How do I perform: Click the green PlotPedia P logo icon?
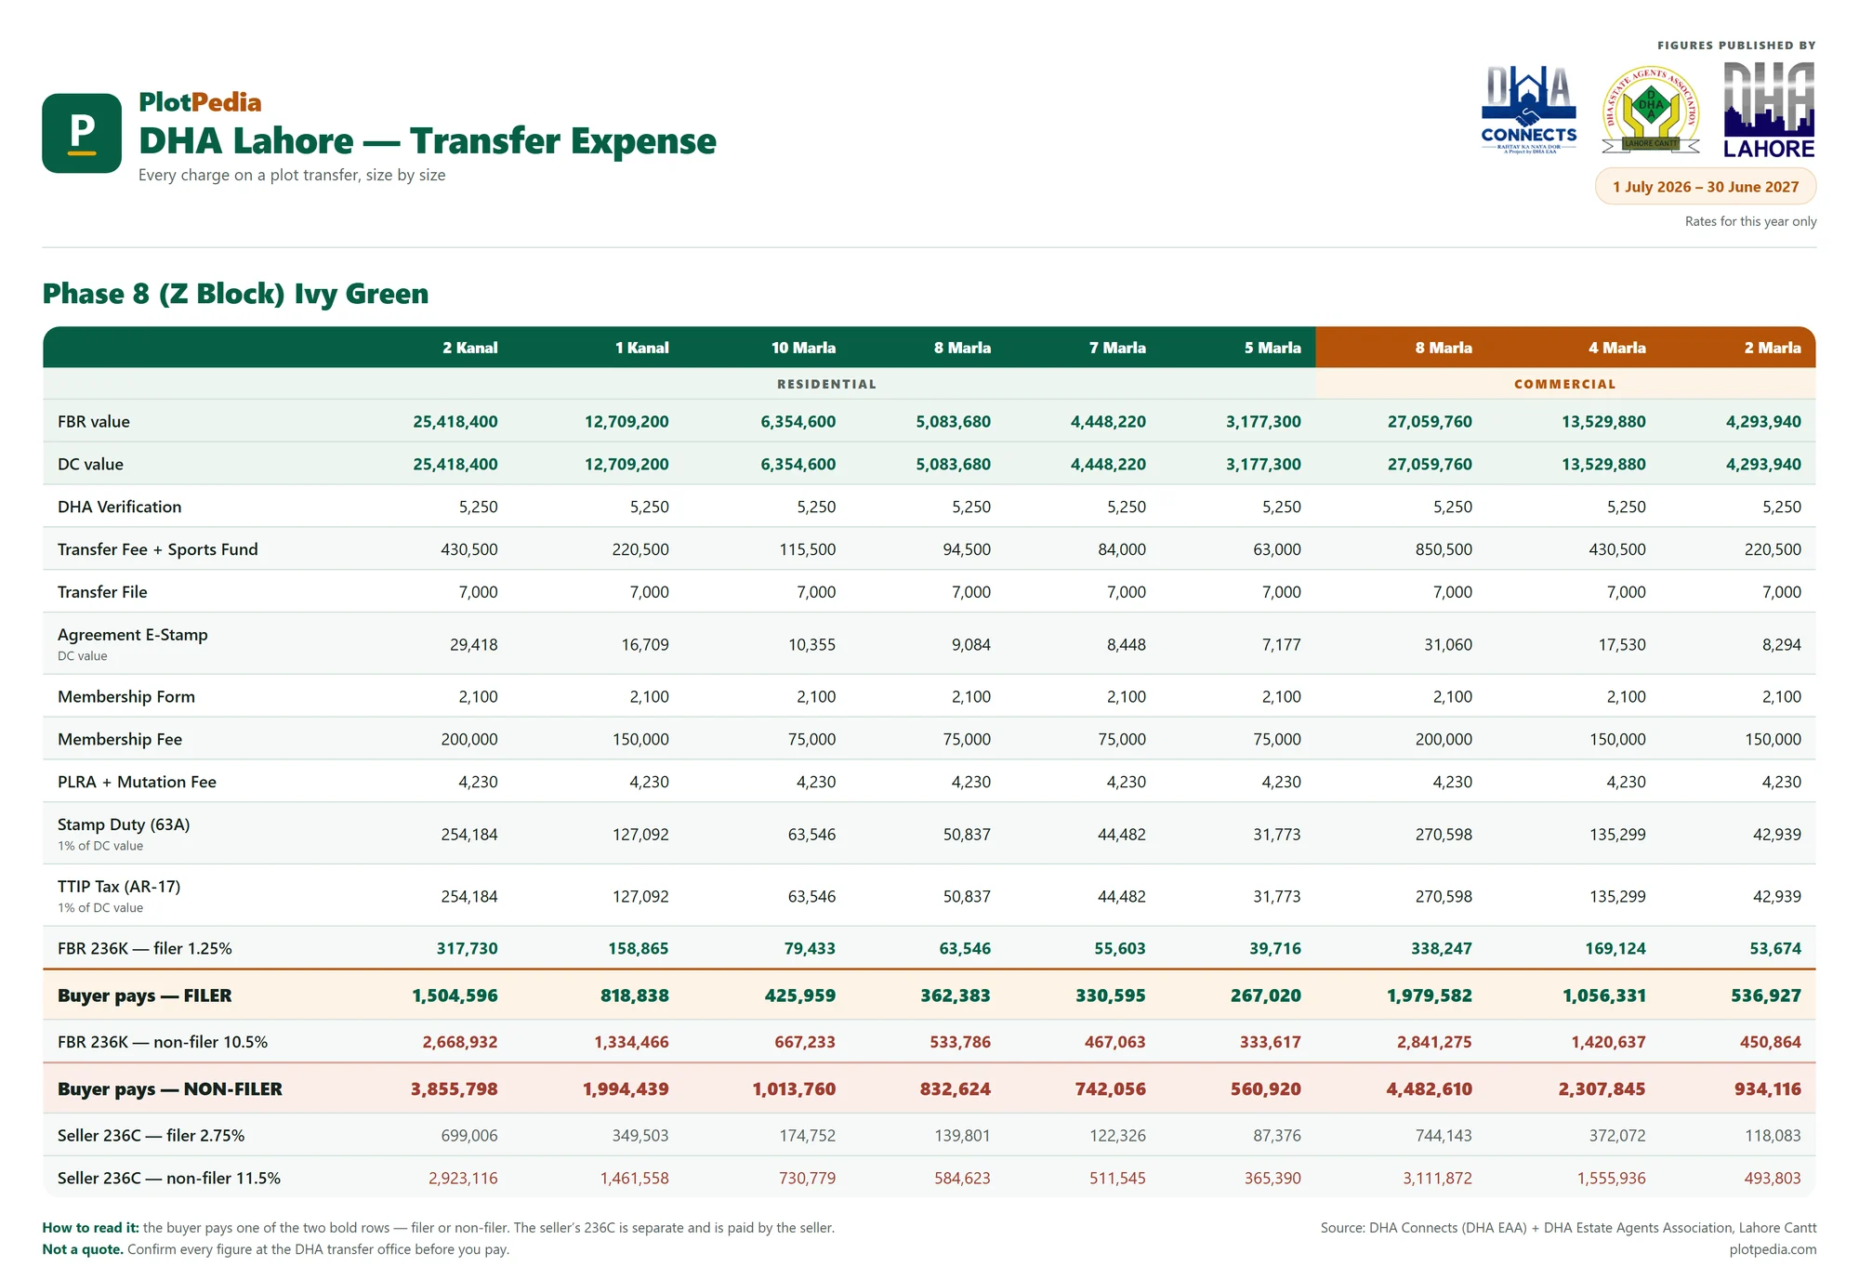point(82,133)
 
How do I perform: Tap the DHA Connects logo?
point(1529,110)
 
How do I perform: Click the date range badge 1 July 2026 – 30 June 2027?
point(1706,187)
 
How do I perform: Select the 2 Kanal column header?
point(470,348)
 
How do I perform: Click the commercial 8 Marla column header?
point(1444,348)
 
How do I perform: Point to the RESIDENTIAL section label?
point(826,384)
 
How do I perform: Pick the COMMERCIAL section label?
point(1565,384)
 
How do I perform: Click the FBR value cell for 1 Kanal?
point(626,422)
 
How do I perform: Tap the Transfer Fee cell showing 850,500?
point(1444,549)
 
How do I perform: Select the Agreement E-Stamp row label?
point(133,635)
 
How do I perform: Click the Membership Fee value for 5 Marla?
point(1277,739)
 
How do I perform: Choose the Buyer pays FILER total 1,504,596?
point(455,996)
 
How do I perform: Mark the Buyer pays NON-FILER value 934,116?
point(1768,1088)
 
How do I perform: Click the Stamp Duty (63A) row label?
point(124,824)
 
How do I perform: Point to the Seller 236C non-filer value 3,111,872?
point(1438,1178)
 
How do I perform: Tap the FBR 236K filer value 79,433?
point(810,948)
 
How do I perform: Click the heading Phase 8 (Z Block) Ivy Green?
point(235,294)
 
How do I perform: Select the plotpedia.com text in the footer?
point(1773,1249)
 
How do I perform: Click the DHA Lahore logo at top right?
point(1770,110)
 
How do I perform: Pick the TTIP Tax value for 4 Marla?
point(1617,896)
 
